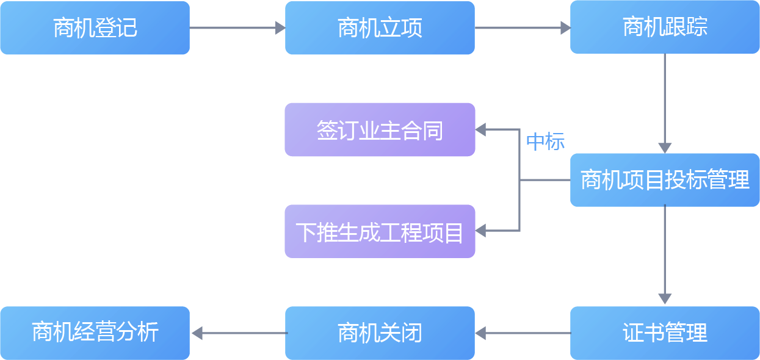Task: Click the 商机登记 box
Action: (95, 28)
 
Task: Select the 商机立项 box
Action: (380, 28)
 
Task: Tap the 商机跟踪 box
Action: (665, 27)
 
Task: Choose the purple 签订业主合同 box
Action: (380, 129)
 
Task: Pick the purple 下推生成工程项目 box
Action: (380, 231)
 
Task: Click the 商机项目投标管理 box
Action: (665, 180)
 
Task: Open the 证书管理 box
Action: (665, 333)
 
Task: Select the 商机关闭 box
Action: (380, 333)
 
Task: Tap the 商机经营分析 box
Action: (95, 333)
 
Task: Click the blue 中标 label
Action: (545, 142)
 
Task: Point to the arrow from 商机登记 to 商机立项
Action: (237, 27)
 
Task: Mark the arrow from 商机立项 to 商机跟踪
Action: (523, 27)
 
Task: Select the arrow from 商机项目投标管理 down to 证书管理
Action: (665, 254)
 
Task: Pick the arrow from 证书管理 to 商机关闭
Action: (523, 333)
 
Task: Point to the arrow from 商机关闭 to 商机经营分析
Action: (238, 333)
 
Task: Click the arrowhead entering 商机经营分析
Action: (197, 333)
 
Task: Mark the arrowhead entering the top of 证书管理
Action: (665, 299)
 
